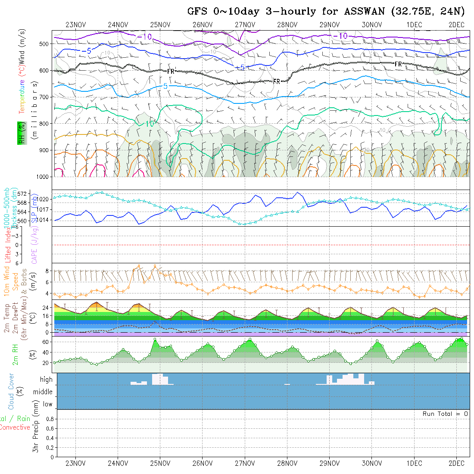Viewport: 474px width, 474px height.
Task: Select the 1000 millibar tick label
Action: (x=43, y=177)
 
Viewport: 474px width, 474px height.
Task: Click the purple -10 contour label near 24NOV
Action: (x=145, y=37)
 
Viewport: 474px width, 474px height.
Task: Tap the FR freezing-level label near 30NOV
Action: (x=398, y=64)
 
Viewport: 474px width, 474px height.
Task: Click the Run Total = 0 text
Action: (x=445, y=414)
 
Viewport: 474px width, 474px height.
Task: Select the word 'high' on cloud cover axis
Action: (x=46, y=380)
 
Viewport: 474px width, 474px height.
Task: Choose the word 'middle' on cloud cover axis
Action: (x=43, y=392)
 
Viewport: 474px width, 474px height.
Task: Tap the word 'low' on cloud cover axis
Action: (x=47, y=404)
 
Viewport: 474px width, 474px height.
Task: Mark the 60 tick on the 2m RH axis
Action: (x=44, y=342)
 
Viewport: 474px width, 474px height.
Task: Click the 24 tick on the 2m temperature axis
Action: (x=44, y=308)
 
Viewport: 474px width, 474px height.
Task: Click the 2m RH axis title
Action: (x=16, y=355)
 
